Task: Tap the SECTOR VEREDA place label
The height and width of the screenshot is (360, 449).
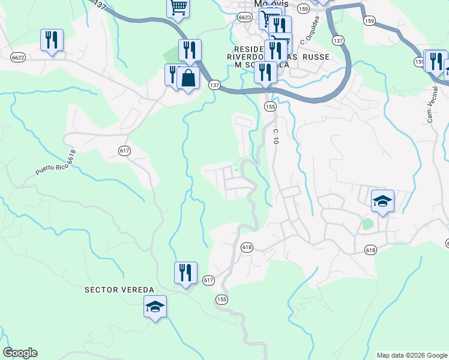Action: [119, 290]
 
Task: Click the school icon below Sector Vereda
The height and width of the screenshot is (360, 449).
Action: [155, 307]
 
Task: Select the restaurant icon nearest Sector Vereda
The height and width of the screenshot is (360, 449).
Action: [185, 273]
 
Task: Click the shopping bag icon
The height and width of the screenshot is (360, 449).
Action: [188, 78]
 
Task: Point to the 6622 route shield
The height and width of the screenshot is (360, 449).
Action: [18, 57]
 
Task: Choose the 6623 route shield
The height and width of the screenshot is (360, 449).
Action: [244, 18]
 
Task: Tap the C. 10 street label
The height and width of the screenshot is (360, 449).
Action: [276, 136]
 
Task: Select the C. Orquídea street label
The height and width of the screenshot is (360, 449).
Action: [309, 30]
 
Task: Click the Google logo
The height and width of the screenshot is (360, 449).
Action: [20, 353]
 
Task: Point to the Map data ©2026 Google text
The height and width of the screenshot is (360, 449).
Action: [412, 355]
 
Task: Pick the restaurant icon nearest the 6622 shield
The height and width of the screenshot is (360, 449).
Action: [52, 40]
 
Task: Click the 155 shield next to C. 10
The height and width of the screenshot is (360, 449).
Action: [270, 106]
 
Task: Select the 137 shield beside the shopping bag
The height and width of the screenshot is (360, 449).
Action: [214, 85]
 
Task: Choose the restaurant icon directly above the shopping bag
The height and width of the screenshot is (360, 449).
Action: [190, 50]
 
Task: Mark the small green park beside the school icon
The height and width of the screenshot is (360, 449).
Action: [367, 224]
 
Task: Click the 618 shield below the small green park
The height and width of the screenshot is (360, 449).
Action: [370, 250]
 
